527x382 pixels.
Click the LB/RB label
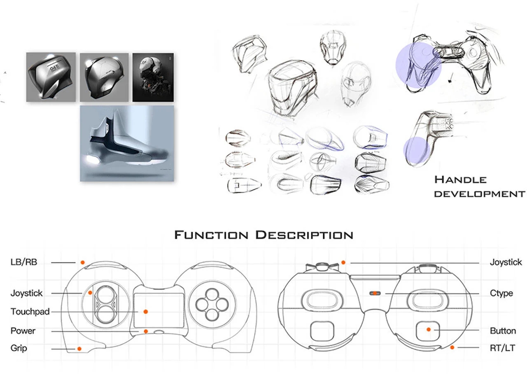coord(24,262)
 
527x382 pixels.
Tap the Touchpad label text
coord(30,312)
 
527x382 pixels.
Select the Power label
coord(23,331)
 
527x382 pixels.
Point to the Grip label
coord(19,348)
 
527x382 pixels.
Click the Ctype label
coord(501,293)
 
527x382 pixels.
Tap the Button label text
coord(503,331)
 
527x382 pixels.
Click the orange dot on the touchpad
coord(145,312)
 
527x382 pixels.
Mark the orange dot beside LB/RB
coord(82,262)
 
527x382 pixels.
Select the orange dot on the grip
coord(79,349)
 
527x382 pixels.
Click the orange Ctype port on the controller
coord(375,293)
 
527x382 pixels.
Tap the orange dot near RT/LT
coord(452,347)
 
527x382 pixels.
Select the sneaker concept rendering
coord(127,143)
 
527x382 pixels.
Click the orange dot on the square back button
coord(429,330)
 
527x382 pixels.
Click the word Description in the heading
coord(304,235)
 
